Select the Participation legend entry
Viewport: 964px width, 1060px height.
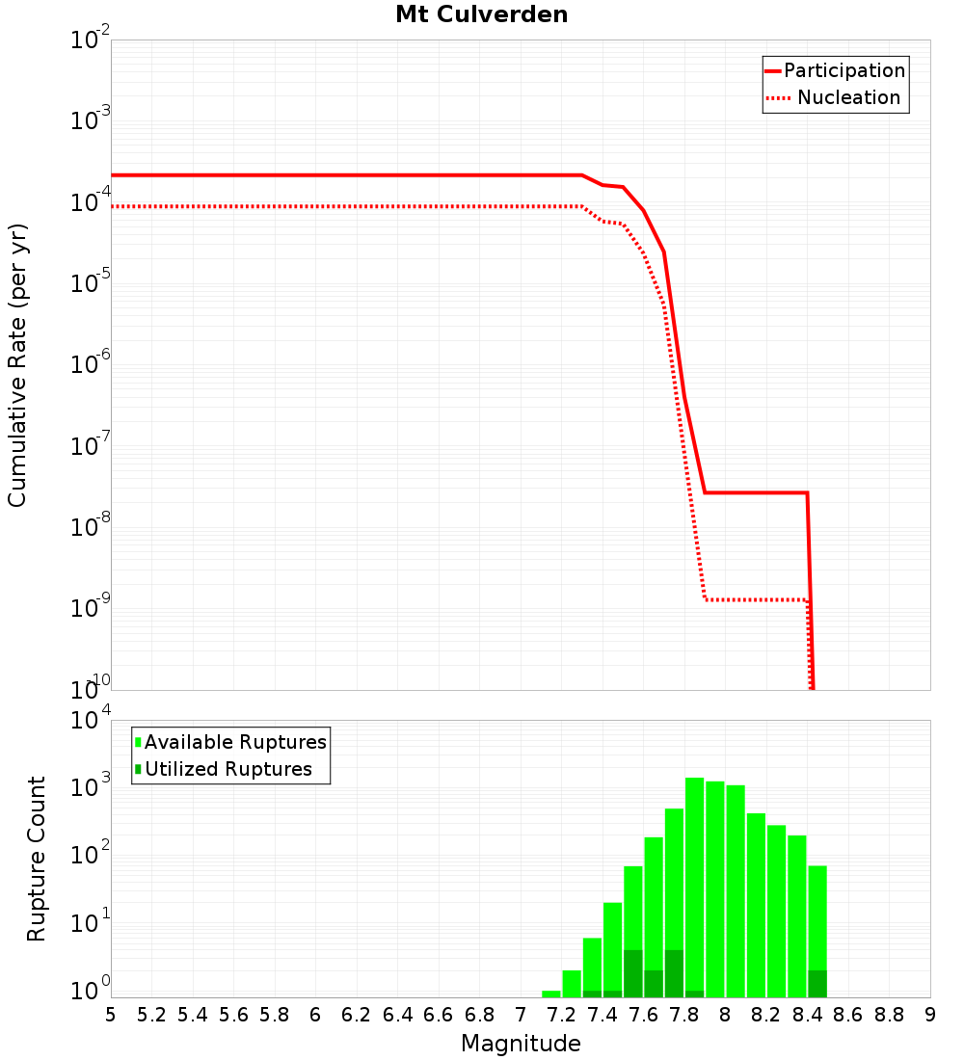pyautogui.click(x=843, y=70)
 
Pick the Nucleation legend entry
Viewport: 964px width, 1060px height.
pyautogui.click(x=847, y=97)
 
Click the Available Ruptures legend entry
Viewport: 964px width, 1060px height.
pyautogui.click(x=235, y=742)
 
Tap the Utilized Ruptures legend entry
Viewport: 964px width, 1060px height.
pyautogui.click(x=228, y=769)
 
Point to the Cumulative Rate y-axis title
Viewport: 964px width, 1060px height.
pyautogui.click(x=17, y=365)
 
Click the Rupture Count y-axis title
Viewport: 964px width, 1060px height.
pyautogui.click(x=37, y=858)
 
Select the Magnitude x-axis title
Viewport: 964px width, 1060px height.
pyautogui.click(x=521, y=1044)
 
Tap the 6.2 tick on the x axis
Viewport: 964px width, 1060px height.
pyautogui.click(x=357, y=1015)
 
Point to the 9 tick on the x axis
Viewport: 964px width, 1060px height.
pyautogui.click(x=930, y=1015)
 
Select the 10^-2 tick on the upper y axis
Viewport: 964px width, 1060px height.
pyautogui.click(x=90, y=40)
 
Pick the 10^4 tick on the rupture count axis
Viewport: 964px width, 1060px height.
pyautogui.click(x=90, y=721)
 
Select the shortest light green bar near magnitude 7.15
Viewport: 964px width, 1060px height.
pyautogui.click(x=551, y=994)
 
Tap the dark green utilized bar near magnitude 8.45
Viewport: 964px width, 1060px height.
pyautogui.click(x=817, y=984)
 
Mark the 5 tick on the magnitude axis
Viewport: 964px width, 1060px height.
pyautogui.click(x=111, y=1015)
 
